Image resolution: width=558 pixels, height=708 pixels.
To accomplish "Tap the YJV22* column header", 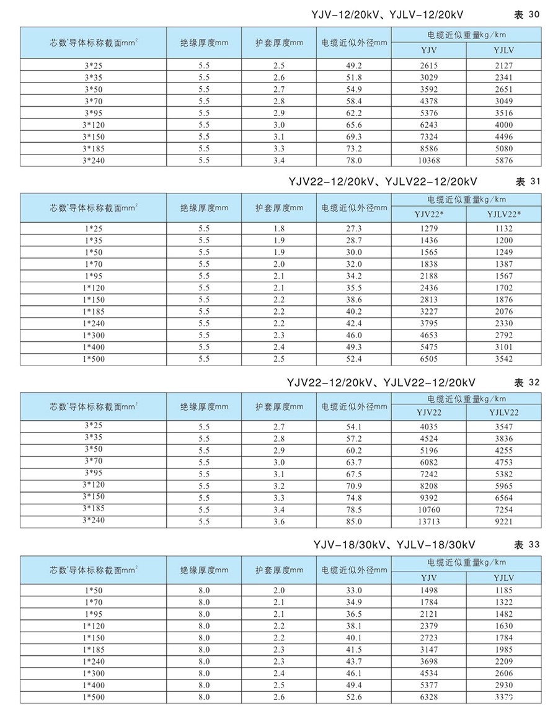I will click(x=428, y=215).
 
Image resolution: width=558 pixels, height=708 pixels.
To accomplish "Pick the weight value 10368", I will click(x=428, y=161).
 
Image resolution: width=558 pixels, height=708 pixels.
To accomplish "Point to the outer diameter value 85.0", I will click(x=353, y=522).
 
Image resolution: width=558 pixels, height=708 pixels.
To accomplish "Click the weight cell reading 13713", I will click(x=428, y=522).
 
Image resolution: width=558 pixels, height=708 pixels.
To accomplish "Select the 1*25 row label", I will click(x=93, y=228).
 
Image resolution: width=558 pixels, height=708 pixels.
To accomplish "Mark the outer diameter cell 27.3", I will click(x=353, y=228).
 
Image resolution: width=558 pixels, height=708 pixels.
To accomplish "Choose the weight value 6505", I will click(x=428, y=359).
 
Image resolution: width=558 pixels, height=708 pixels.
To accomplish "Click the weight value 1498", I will click(x=428, y=590).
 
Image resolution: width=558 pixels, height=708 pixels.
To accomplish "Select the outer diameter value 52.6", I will click(x=353, y=697).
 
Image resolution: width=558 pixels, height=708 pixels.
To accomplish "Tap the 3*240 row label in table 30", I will click(x=93, y=161).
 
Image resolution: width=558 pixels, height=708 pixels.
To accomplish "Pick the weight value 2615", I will click(x=428, y=66).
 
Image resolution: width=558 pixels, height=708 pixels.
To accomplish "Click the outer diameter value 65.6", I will click(x=353, y=125).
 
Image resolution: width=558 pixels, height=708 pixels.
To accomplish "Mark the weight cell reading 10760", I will click(x=428, y=509).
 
